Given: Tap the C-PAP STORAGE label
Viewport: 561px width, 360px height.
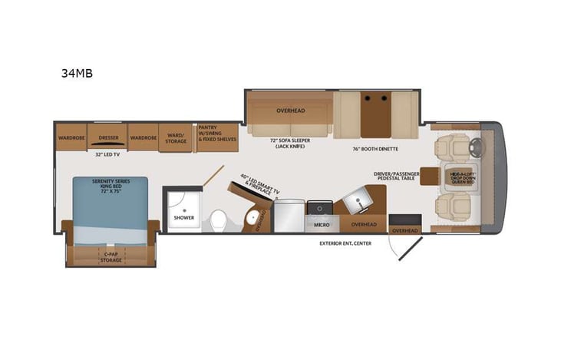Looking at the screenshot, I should pos(111,257).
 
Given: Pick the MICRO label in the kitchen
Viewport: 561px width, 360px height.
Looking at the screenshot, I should pos(317,224).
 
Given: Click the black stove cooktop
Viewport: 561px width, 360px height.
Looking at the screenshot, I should pos(317,207).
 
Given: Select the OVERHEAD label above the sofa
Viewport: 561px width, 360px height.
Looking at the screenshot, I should pos(290,111).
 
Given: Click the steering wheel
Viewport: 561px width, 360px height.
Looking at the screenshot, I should pos(470,144).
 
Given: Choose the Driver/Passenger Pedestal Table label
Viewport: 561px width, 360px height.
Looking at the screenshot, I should pos(396,177).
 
